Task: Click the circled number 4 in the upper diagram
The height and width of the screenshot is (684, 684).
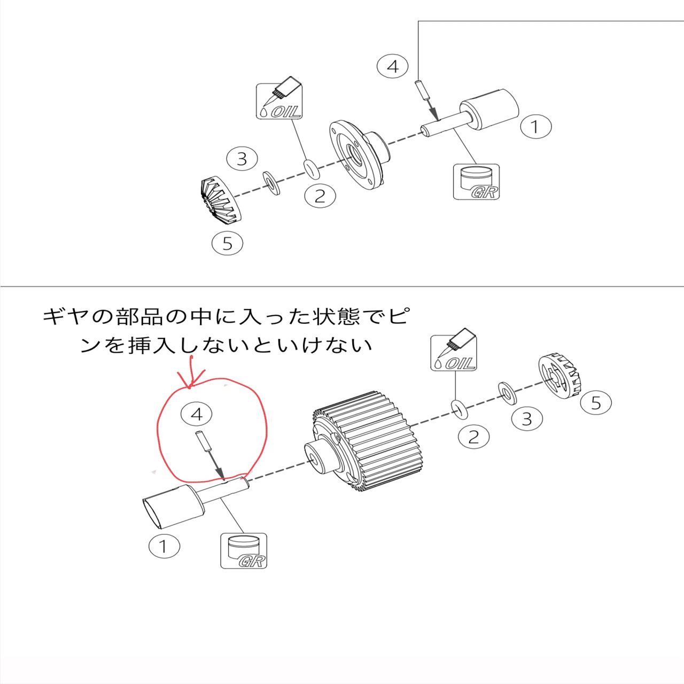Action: pyautogui.click(x=392, y=66)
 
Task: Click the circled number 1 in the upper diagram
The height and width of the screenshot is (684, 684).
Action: pyautogui.click(x=535, y=127)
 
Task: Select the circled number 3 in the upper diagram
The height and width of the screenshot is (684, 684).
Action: pyautogui.click(x=242, y=159)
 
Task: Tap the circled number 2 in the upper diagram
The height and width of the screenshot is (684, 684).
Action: pyautogui.click(x=320, y=196)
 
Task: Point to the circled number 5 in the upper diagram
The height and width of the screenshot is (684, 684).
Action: pyautogui.click(x=227, y=244)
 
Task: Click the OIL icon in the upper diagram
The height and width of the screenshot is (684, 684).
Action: pyautogui.click(x=279, y=98)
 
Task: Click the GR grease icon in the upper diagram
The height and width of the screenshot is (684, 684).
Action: pyautogui.click(x=476, y=182)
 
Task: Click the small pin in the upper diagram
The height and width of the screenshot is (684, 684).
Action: pyautogui.click(x=422, y=90)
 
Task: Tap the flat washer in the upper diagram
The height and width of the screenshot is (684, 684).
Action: pyautogui.click(x=271, y=183)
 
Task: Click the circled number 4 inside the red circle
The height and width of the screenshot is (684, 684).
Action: pyautogui.click(x=196, y=414)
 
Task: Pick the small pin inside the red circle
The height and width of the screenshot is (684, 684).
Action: pyautogui.click(x=201, y=441)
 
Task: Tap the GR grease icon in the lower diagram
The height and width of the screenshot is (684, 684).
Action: pyautogui.click(x=244, y=550)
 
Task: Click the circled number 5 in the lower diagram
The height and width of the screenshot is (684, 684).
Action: pyautogui.click(x=596, y=403)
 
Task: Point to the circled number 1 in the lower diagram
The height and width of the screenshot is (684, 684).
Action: pyautogui.click(x=164, y=546)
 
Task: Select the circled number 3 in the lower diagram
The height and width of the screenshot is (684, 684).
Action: pyautogui.click(x=527, y=418)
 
